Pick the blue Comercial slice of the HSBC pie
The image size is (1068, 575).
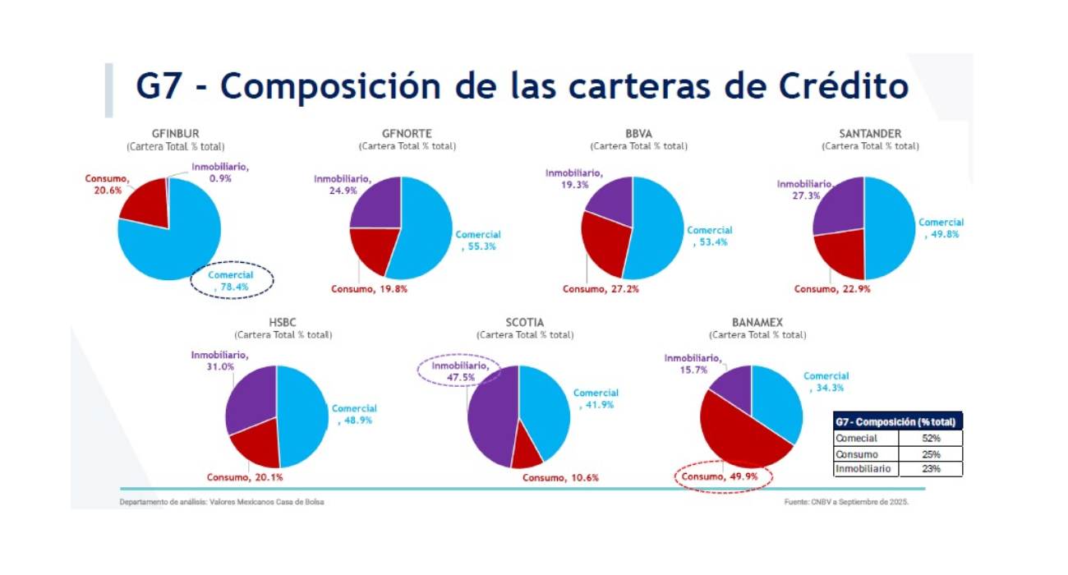tap(304, 415)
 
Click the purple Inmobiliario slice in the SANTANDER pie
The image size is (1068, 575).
tap(838, 205)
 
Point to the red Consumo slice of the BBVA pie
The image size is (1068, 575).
tap(604, 242)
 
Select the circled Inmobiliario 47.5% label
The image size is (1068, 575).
tap(458, 370)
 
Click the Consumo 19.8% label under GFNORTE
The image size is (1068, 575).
tap(370, 289)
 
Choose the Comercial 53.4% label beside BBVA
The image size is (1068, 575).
tap(710, 236)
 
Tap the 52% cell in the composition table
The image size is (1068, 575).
tap(931, 439)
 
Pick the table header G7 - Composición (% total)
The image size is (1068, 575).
tap(897, 421)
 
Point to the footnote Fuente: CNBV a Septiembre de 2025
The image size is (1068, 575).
tap(846, 501)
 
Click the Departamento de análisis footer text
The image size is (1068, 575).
tap(222, 501)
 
